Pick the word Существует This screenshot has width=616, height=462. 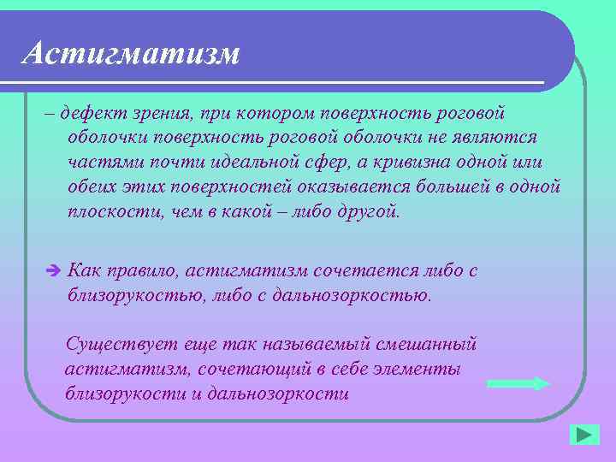coord(117,345)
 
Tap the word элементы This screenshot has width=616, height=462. coord(412,370)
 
